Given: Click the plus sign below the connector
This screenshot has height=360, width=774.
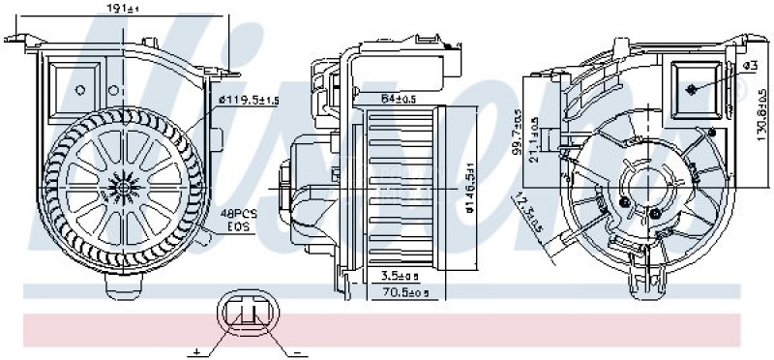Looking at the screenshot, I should [x=196, y=350].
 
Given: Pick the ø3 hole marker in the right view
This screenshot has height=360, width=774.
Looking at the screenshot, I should [x=693, y=88].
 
